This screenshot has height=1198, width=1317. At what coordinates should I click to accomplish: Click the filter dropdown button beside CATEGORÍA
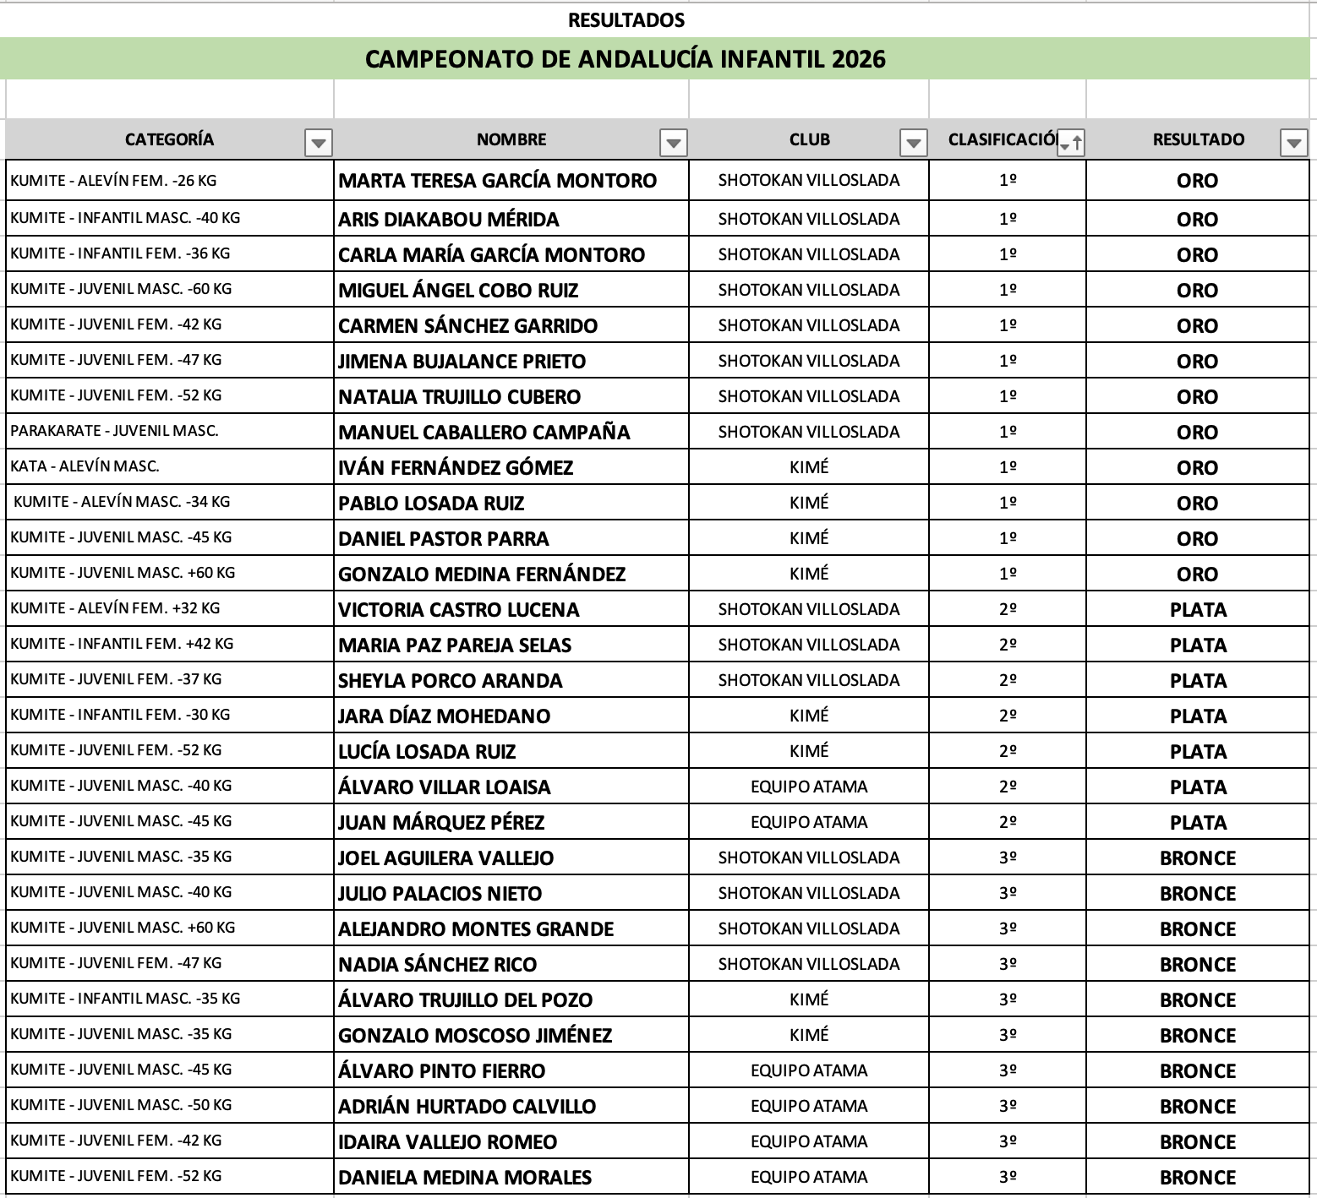(x=318, y=143)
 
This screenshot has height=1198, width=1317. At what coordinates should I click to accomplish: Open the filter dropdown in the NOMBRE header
(x=673, y=143)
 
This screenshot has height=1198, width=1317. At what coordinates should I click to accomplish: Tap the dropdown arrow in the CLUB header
(x=913, y=143)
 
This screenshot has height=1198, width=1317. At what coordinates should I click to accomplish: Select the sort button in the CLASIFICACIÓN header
(x=1070, y=143)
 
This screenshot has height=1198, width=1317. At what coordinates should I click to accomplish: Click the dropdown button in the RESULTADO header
(x=1293, y=143)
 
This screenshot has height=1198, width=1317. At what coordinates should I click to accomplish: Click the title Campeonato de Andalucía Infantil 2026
(x=626, y=59)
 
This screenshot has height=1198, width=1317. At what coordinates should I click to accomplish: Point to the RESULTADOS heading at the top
(x=626, y=20)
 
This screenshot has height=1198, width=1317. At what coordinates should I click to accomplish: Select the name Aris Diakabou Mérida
(x=449, y=220)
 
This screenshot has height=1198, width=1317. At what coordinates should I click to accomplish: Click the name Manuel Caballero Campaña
(x=484, y=433)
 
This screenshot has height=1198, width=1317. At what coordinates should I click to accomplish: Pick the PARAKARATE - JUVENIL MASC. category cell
(x=114, y=431)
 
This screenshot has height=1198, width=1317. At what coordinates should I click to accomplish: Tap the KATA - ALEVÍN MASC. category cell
(x=85, y=466)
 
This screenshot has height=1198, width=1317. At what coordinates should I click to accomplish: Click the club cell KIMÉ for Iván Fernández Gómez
(x=809, y=467)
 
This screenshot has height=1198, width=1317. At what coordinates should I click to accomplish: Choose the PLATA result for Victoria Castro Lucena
(x=1198, y=610)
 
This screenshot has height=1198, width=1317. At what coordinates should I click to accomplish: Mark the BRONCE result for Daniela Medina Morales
(x=1198, y=1178)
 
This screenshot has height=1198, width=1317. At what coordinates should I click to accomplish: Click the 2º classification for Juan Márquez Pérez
(x=1008, y=822)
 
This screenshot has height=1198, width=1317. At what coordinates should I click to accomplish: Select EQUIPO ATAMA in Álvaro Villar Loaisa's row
(x=809, y=787)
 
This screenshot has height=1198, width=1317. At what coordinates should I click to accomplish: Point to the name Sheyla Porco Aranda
(x=451, y=681)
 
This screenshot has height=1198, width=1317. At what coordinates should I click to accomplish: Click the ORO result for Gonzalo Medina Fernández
(x=1198, y=574)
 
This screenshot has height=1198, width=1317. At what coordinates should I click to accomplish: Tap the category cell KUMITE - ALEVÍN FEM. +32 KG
(x=115, y=608)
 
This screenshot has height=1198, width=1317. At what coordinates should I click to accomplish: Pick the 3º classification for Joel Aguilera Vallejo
(x=1008, y=858)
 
